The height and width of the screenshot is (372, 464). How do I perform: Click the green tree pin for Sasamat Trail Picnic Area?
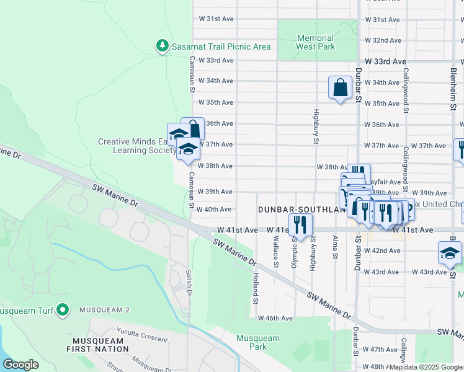[162, 46]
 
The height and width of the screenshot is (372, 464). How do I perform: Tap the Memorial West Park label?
[315, 42]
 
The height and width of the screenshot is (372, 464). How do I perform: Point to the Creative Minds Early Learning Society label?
[137, 146]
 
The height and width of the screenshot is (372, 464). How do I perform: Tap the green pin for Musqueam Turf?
[63, 309]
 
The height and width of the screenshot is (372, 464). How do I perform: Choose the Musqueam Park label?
[257, 343]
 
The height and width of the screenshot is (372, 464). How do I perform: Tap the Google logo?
[21, 365]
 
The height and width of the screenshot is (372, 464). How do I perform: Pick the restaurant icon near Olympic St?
[300, 225]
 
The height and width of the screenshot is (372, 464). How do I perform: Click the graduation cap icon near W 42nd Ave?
[449, 253]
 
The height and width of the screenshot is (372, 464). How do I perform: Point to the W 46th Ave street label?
[275, 318]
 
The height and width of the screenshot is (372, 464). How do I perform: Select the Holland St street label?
[255, 289]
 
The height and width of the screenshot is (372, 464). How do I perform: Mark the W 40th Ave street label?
[214, 210]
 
